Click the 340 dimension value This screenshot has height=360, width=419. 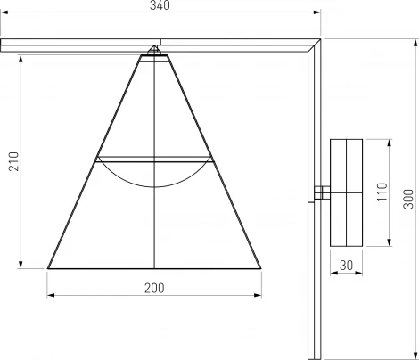tap(160, 5)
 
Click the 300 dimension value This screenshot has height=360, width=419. tap(407, 198)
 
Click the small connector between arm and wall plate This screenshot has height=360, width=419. tap(322, 192)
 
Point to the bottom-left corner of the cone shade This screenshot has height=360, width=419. tap(48, 268)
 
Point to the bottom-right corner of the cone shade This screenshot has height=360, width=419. tap(262, 268)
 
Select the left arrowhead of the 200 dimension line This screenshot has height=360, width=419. tap(50, 295)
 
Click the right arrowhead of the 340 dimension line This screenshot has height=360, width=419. tap(318, 12)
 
